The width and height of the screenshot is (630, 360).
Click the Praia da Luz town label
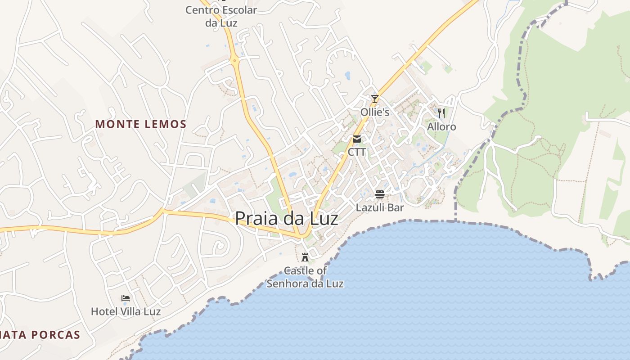[x=286, y=219]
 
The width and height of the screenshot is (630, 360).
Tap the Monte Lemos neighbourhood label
[x=141, y=124]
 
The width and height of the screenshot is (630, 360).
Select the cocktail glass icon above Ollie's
[x=374, y=99]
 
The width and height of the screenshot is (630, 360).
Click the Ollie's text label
[x=375, y=112]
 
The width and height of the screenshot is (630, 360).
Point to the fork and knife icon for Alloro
[x=441, y=113]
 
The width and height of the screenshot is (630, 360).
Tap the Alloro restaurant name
[x=441, y=127]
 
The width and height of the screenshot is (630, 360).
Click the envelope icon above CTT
[x=357, y=139]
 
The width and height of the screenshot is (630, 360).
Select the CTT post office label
[x=357, y=152]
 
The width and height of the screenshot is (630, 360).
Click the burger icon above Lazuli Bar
[x=380, y=194]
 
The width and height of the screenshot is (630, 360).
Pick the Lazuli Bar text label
[x=380, y=207]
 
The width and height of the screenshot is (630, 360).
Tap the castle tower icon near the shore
[x=305, y=257]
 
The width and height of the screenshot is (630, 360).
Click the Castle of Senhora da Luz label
[x=305, y=277]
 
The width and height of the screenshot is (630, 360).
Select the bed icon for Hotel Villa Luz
[x=126, y=298]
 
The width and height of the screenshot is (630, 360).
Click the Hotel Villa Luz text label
[x=126, y=311]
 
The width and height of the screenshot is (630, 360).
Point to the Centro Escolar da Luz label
[x=221, y=16]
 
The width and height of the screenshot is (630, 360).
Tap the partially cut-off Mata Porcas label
[x=40, y=335]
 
